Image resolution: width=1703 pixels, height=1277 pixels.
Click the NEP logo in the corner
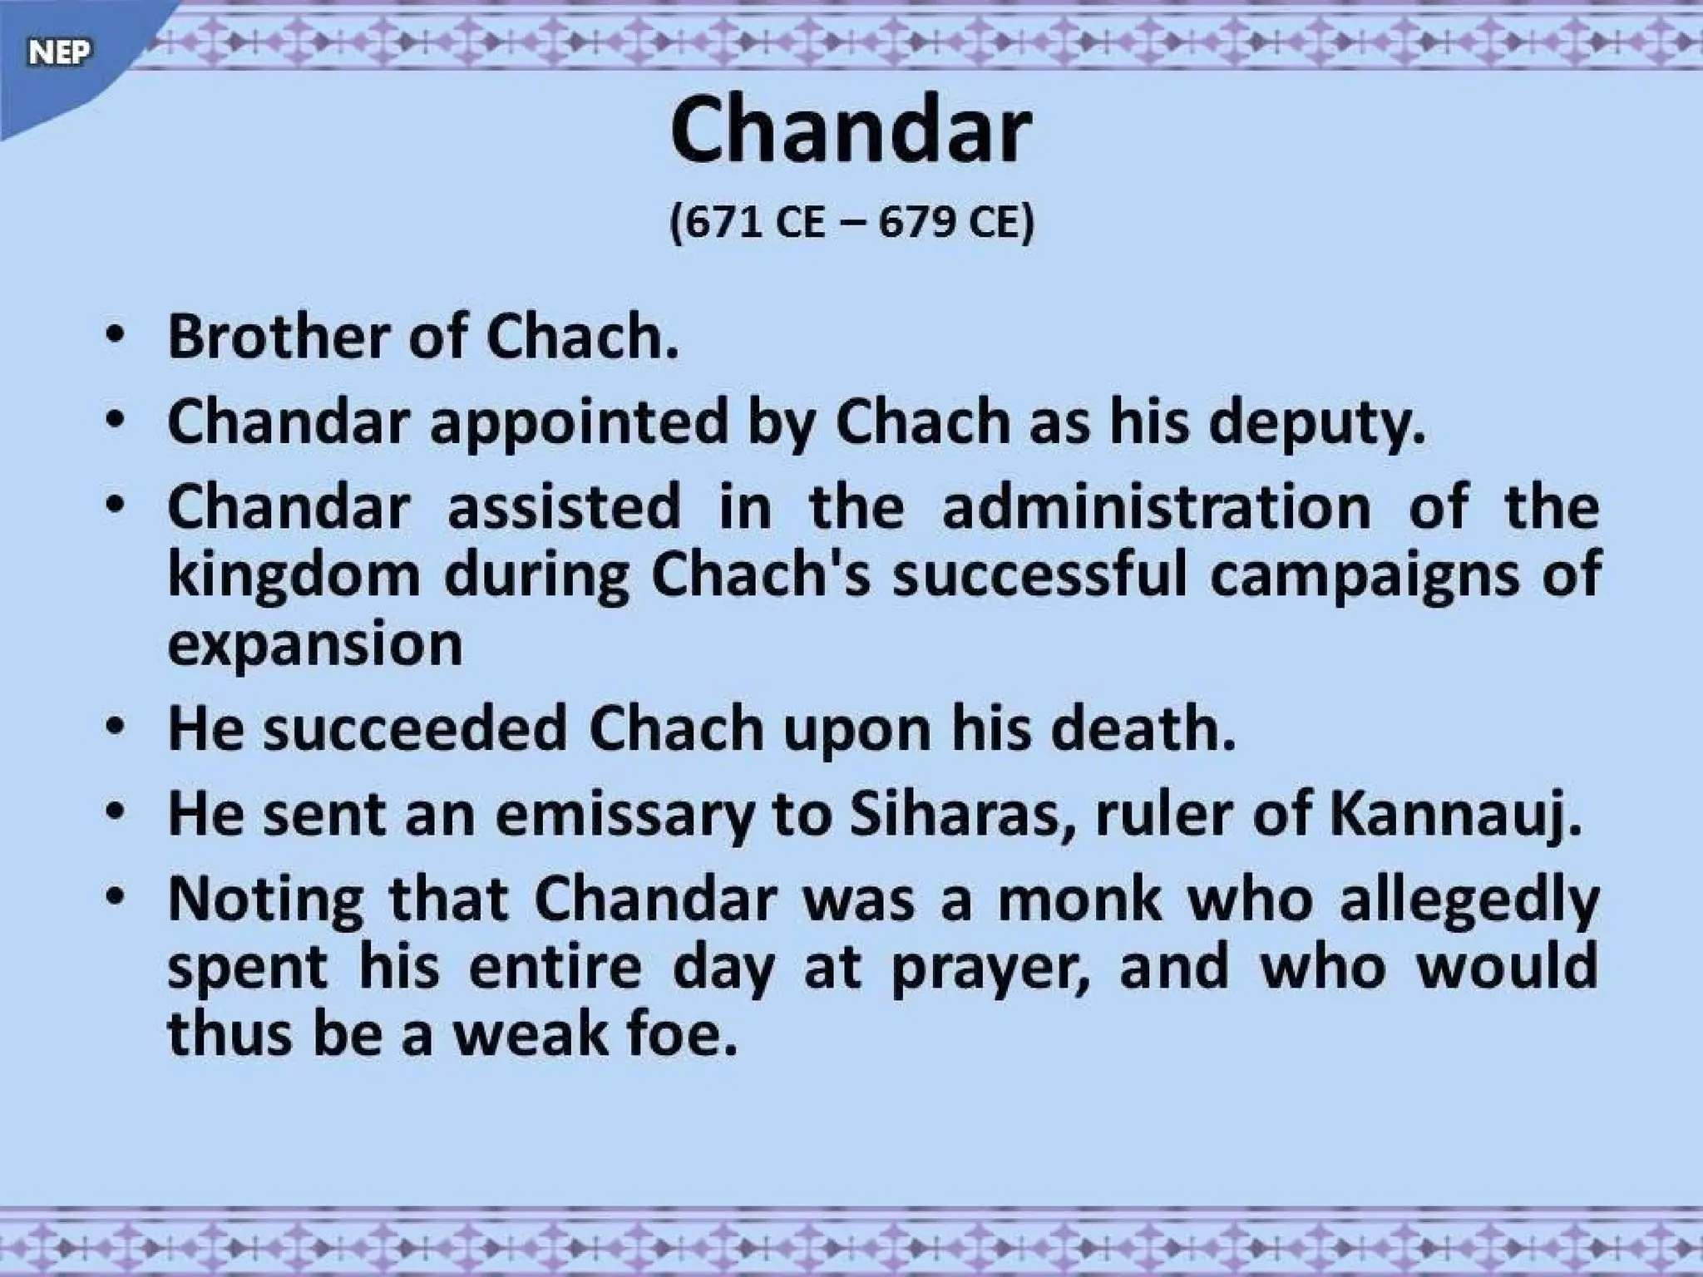point(58,52)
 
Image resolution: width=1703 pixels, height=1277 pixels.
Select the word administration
point(1157,507)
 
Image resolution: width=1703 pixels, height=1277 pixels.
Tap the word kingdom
point(294,575)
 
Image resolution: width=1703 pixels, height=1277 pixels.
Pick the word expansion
point(314,645)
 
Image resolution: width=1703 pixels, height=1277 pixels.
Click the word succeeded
point(415,728)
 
